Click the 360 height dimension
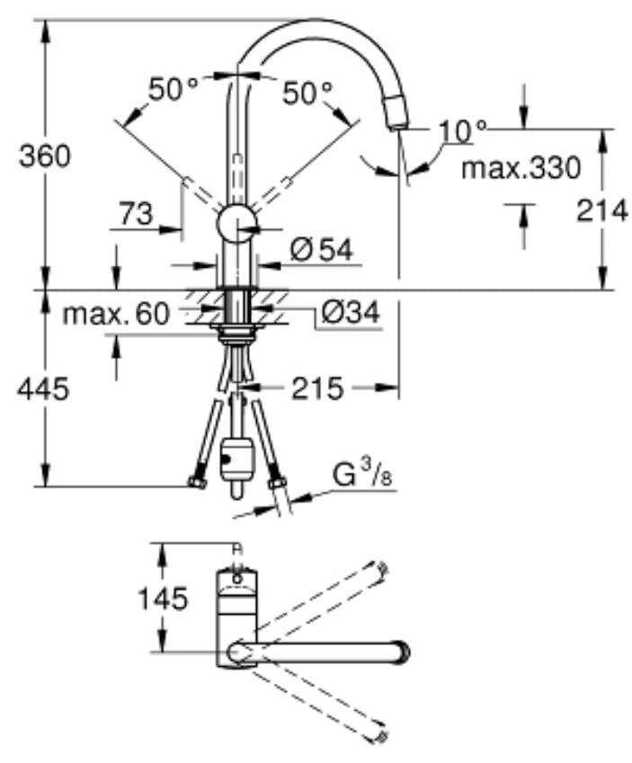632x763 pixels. click(44, 156)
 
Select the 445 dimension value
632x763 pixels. click(44, 389)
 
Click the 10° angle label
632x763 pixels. click(461, 132)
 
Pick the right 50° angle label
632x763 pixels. click(307, 91)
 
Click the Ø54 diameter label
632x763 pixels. click(321, 252)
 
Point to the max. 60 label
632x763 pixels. click(116, 314)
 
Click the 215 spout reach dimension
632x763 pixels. click(317, 388)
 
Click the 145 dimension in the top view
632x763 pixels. click(163, 599)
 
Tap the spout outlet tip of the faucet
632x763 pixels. click(397, 117)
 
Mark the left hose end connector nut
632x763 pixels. click(198, 485)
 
